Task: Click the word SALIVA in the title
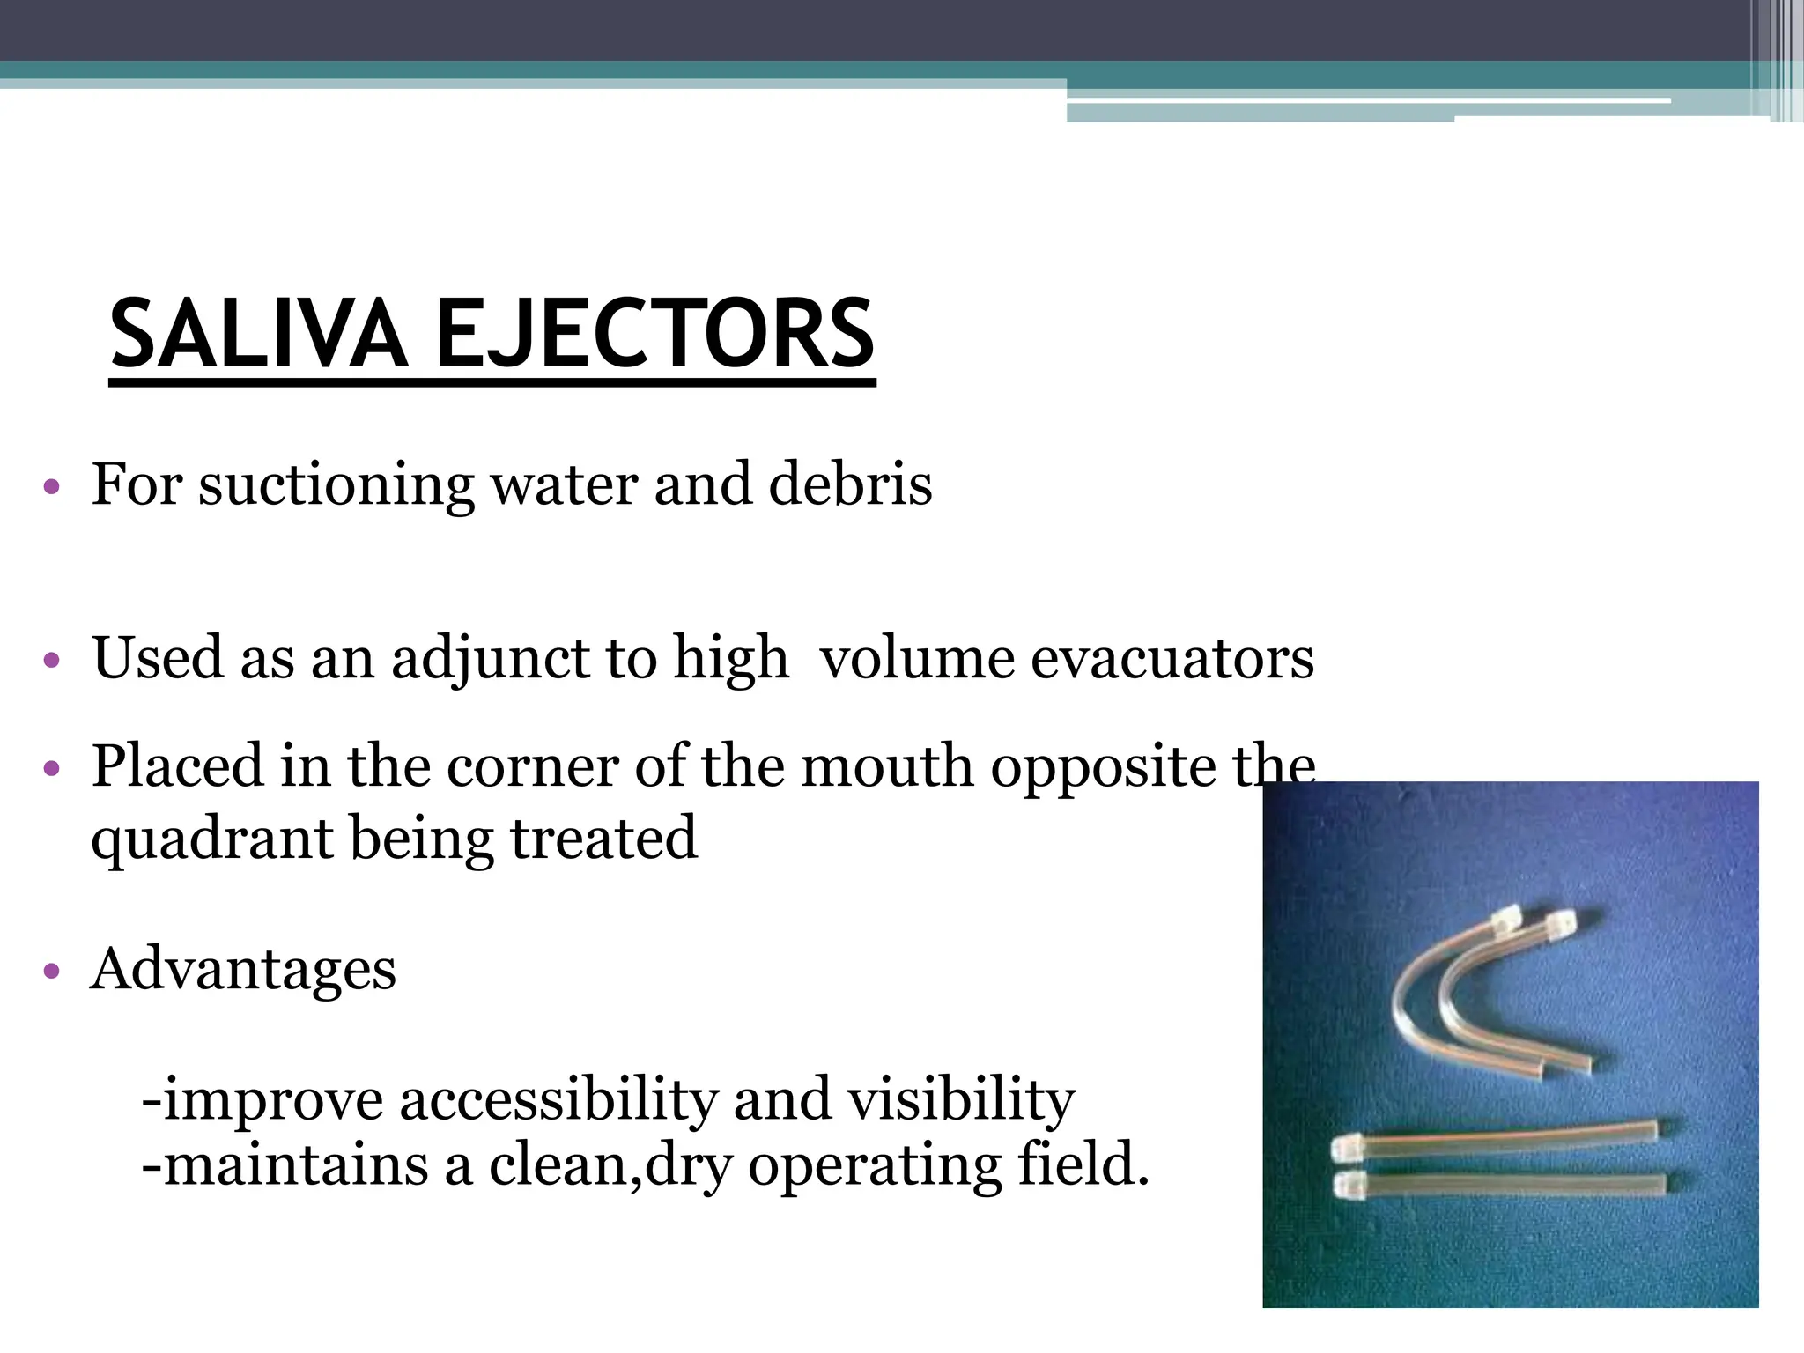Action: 258,335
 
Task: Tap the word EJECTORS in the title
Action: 654,335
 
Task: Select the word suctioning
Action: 336,485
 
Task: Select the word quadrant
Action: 212,839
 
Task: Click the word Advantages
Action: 244,969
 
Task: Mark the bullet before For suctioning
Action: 52,486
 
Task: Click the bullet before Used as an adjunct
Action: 52,660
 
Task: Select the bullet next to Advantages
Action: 52,971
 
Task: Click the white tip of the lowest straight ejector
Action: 1348,1182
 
